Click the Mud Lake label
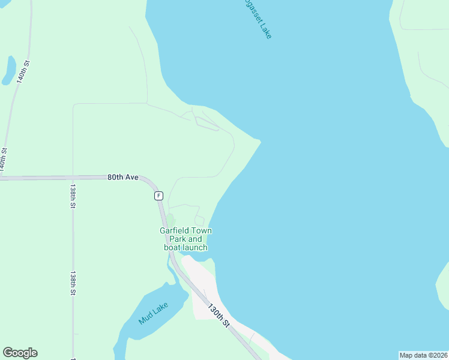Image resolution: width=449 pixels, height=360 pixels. click(x=153, y=313)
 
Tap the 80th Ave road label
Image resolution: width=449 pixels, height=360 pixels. click(x=123, y=178)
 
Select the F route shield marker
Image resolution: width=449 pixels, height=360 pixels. click(x=158, y=196)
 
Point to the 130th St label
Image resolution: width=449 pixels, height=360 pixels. click(x=219, y=315)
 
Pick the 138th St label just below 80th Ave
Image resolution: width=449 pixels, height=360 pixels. click(x=72, y=196)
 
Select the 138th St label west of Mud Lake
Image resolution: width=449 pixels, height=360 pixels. click(x=72, y=283)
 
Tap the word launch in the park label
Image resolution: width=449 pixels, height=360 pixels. click(x=194, y=247)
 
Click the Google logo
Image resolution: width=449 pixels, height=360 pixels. click(x=20, y=353)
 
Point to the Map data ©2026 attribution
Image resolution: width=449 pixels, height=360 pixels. click(x=423, y=355)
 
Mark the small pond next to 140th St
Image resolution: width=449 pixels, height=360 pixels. click(x=9, y=70)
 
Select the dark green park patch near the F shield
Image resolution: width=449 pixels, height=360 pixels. click(x=170, y=220)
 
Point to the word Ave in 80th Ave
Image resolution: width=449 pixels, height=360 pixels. click(x=131, y=178)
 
